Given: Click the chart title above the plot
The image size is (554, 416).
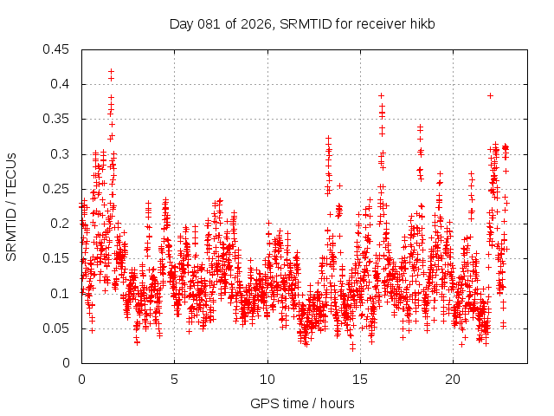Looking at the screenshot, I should click(x=301, y=23).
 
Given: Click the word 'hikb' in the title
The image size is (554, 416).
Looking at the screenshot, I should click(x=421, y=23).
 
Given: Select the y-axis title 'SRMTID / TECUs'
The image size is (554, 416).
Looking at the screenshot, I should click(x=11, y=206).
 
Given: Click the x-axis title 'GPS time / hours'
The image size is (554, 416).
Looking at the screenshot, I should click(x=301, y=403).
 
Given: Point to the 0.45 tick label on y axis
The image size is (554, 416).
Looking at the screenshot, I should click(x=59, y=49).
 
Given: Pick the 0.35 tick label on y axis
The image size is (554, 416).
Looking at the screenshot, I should click(x=59, y=119).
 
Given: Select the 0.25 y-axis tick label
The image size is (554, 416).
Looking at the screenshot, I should click(x=59, y=189).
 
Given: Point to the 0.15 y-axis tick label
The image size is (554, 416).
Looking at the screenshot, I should click(x=59, y=258).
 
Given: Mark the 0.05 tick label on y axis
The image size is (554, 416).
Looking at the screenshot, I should click(x=59, y=328).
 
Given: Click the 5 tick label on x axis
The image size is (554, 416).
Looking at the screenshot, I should click(x=174, y=380).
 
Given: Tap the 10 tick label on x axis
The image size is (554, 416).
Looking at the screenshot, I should click(x=267, y=380).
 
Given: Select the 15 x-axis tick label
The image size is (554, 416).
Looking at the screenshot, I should click(x=360, y=380).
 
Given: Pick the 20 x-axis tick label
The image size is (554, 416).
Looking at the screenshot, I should click(x=453, y=380).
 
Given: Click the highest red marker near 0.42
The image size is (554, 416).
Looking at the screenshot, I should click(x=111, y=72).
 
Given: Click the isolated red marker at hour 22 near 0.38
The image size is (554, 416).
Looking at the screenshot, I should click(x=490, y=95).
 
